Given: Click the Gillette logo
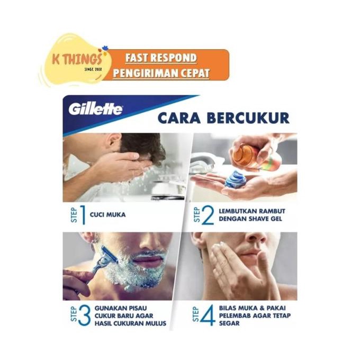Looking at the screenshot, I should pos(95,110).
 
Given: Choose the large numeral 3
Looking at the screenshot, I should pos(85,313).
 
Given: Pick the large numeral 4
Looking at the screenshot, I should pos(208,313).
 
